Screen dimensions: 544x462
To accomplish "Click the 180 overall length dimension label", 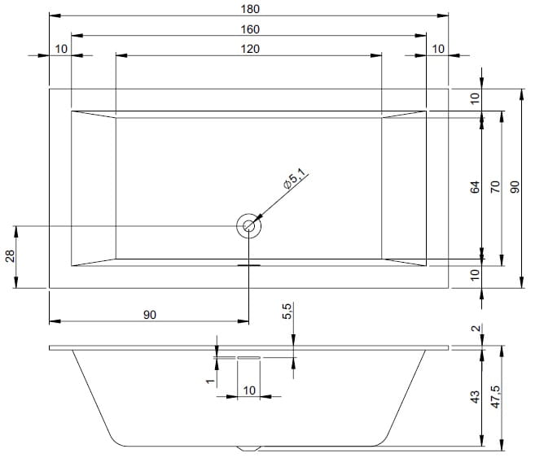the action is click(x=250, y=9).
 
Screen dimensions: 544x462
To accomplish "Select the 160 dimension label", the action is click(x=250, y=29).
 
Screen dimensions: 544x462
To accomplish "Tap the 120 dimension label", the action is click(x=250, y=49).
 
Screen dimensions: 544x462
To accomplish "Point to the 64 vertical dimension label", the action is click(x=475, y=187).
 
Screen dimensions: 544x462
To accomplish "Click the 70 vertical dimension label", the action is click(x=495, y=187).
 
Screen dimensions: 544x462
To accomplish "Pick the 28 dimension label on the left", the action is click(x=10, y=256).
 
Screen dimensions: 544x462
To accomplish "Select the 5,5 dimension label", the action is click(x=287, y=311).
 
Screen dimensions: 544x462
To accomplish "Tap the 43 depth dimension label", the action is click(x=475, y=396).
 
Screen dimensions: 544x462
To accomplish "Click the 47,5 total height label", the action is click(x=495, y=396).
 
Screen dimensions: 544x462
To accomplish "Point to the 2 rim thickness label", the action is click(x=476, y=328).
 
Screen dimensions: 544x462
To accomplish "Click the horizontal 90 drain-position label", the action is click(x=150, y=315).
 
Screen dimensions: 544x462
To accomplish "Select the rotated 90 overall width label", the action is click(x=515, y=187).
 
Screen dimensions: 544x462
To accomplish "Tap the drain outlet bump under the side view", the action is click(x=248, y=448).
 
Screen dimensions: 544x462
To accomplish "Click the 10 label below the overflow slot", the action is click(x=249, y=390).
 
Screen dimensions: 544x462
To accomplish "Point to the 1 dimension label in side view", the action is click(x=210, y=381).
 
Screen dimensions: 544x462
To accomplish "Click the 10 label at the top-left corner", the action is click(x=61, y=49).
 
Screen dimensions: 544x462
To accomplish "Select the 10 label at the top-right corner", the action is click(x=438, y=49).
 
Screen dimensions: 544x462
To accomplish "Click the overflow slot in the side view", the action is click(x=248, y=357).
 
